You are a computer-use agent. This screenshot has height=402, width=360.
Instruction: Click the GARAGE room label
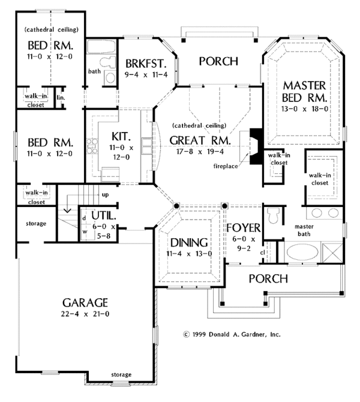(85, 303)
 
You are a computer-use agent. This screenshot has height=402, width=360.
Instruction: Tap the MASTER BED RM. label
(304, 92)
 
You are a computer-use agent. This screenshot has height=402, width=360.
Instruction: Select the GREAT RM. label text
(200, 140)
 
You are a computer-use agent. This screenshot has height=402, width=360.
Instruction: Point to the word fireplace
(226, 166)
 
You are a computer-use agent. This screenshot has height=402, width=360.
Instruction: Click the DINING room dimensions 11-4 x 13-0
(189, 254)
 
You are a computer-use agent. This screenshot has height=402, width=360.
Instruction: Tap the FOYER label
(244, 228)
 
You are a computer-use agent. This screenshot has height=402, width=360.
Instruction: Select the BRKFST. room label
(146, 64)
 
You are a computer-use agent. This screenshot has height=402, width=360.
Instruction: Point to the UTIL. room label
(104, 215)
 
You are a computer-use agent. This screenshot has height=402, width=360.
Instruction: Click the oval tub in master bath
(302, 252)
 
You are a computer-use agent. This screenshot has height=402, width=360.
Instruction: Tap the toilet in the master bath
(272, 215)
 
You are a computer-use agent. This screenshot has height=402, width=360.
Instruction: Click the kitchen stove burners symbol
(92, 146)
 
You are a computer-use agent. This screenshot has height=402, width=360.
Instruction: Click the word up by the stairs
(105, 195)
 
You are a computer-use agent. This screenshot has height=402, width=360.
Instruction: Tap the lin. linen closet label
(61, 98)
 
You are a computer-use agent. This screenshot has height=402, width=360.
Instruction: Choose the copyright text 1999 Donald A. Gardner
(232, 334)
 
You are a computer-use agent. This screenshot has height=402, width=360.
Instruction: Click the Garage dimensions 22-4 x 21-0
(85, 314)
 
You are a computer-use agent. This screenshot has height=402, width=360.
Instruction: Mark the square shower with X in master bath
(332, 253)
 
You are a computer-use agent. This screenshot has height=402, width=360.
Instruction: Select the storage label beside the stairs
(36, 224)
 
